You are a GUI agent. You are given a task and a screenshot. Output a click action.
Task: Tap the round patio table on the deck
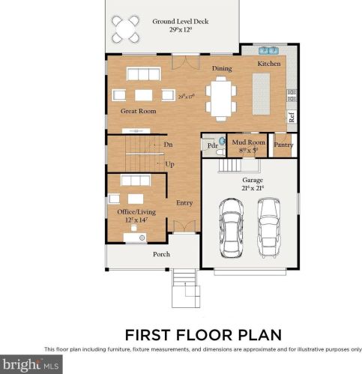click(x=125, y=29)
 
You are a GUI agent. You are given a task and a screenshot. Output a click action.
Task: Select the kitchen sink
click(x=268, y=51)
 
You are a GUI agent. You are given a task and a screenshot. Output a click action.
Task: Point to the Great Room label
click(x=138, y=111)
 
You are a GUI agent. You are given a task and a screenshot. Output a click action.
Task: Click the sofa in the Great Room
click(x=145, y=73)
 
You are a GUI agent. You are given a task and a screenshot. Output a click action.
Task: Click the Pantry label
click(x=283, y=145)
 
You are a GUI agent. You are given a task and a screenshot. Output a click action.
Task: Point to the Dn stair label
click(x=168, y=144)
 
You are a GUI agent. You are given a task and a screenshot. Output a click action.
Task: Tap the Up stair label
click(x=169, y=163)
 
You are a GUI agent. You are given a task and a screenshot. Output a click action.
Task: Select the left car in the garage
click(x=232, y=230)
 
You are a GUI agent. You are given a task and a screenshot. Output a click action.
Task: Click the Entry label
click(x=184, y=203)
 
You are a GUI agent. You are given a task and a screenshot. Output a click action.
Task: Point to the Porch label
click(x=161, y=254)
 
